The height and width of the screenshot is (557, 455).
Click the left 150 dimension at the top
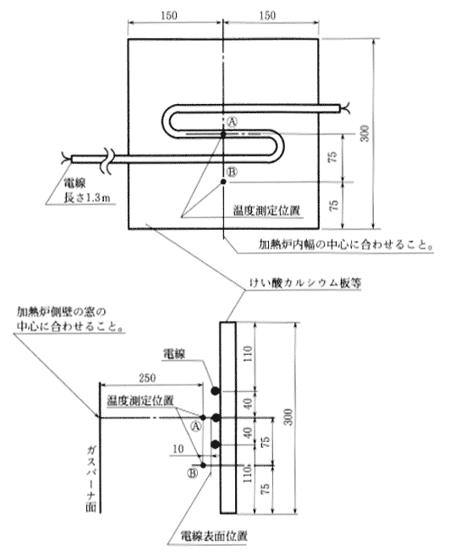pos(169,15)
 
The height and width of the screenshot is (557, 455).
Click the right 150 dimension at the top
pos(267,15)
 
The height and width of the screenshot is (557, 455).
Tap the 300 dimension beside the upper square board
pos(365,134)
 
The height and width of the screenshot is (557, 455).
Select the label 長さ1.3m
pos(87,198)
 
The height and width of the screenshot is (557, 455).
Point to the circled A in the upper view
pos(232,123)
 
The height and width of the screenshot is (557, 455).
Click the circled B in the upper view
pos(232,172)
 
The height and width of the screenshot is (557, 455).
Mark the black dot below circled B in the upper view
pos(223,182)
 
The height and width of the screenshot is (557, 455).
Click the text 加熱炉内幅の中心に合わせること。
pos(346,244)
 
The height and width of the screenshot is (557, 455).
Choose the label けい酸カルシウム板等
pos(305,283)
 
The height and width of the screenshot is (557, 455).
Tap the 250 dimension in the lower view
pos(147,378)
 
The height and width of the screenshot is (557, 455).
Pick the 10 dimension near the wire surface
pos(178,449)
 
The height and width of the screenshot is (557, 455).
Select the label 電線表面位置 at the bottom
pos(214,536)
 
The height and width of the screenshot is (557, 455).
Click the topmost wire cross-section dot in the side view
pos(215,391)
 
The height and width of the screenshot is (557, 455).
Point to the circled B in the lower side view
pos(193,473)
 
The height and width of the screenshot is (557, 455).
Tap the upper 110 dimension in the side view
pos(248,353)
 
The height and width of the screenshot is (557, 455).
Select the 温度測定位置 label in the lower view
pos(140,401)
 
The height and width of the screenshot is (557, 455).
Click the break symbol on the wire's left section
pos(109,159)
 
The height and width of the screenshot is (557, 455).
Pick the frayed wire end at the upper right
pos(346,108)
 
